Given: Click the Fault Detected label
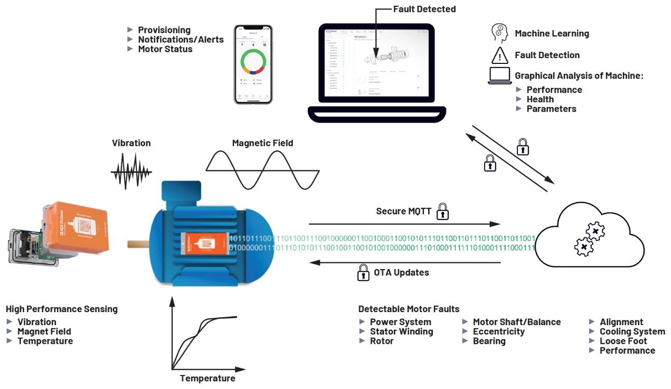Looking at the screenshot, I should [424, 9].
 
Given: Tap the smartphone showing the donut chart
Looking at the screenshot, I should [253, 64].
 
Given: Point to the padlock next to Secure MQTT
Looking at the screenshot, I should [442, 211].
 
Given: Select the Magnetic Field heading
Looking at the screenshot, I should [263, 143].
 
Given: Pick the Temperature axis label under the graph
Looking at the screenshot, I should [208, 378].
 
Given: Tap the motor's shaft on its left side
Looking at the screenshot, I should [138, 243].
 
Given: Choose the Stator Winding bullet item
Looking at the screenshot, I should [401, 331].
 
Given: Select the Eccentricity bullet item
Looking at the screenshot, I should [498, 331].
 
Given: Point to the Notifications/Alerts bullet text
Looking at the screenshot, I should [181, 39].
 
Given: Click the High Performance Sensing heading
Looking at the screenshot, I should [62, 309].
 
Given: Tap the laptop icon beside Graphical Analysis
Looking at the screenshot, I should [499, 76].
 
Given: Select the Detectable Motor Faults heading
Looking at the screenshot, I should [408, 309].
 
